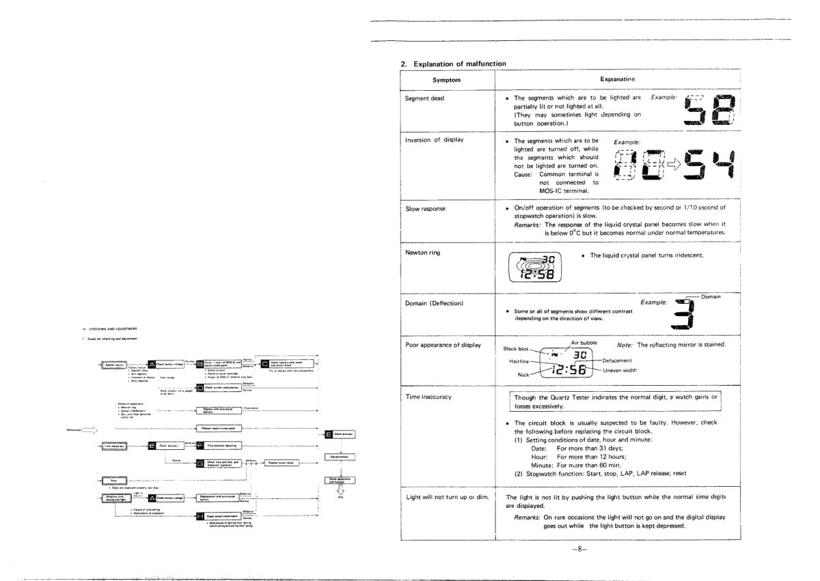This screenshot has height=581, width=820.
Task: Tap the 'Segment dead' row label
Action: (424, 98)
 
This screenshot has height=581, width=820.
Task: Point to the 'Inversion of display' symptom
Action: (435, 140)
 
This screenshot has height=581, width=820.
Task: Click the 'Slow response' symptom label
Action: (426, 208)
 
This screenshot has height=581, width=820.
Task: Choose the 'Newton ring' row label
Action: (423, 253)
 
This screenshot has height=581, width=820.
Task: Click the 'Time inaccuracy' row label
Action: (428, 396)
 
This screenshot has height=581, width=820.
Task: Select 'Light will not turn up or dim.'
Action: (448, 496)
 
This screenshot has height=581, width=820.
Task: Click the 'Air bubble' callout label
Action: (584, 342)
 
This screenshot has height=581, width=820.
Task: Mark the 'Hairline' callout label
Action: (520, 360)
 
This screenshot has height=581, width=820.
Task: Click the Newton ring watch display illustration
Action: (535, 267)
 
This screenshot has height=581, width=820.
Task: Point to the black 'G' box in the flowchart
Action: (200, 462)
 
